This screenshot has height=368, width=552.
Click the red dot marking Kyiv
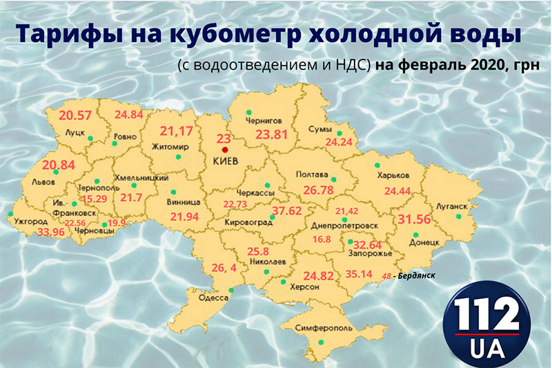[224, 148]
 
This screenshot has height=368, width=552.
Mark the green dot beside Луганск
[457, 217]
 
